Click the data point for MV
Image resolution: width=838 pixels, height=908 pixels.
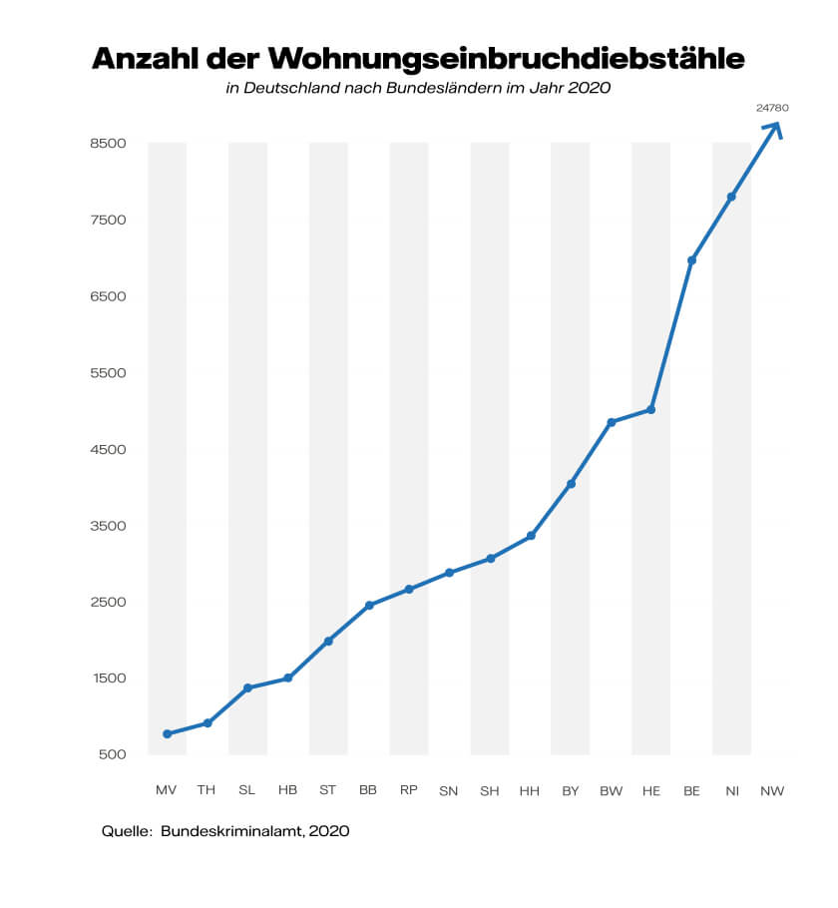click(167, 734)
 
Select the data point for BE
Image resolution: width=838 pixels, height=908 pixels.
click(691, 260)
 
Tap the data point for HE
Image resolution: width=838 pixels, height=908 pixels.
click(651, 410)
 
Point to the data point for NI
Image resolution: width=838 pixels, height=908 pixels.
click(731, 197)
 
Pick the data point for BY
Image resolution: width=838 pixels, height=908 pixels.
click(571, 484)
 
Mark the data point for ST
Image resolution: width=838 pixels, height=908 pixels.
click(328, 641)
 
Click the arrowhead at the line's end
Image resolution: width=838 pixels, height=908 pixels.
click(773, 128)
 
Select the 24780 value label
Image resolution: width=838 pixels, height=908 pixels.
click(772, 107)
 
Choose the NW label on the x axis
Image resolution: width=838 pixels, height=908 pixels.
click(772, 791)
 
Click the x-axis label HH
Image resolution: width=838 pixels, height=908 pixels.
click(530, 791)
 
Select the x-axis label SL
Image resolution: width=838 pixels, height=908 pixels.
click(246, 791)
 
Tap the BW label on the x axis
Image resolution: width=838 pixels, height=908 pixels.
click(611, 791)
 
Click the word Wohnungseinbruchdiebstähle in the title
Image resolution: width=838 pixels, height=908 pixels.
click(508, 58)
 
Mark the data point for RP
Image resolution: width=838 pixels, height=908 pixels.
click(409, 590)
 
